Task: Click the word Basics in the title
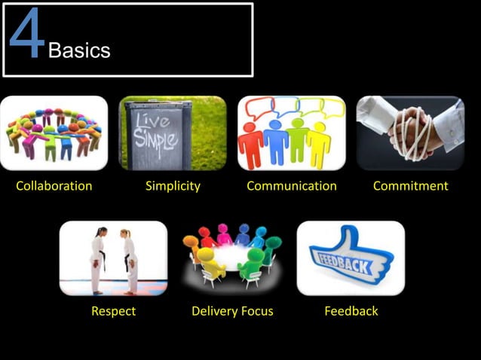[79, 50]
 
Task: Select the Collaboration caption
[54, 186]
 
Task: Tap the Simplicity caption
[173, 186]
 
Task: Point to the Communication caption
[292, 186]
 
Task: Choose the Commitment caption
[410, 186]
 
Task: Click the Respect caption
[113, 311]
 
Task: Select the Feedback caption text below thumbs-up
[351, 311]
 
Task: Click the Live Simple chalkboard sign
[158, 133]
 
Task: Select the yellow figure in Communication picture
[319, 143]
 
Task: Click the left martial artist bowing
[98, 260]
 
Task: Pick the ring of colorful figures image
[54, 133]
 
